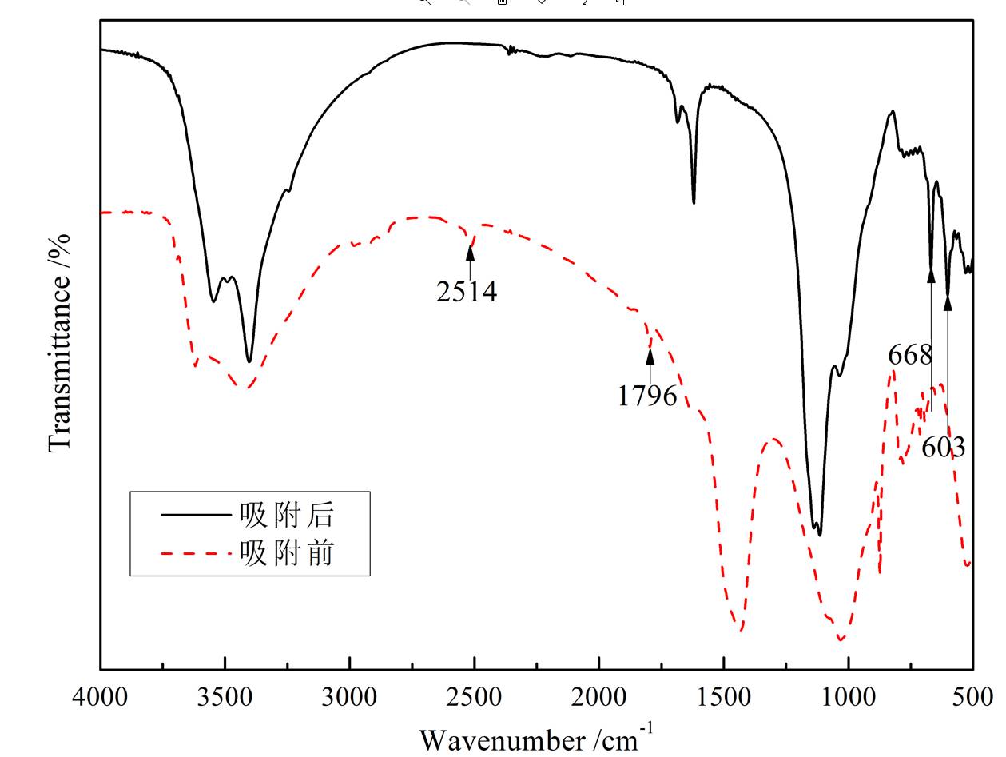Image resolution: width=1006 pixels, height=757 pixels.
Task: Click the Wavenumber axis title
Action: [x=536, y=738]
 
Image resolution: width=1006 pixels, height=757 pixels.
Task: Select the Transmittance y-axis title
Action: [x=61, y=342]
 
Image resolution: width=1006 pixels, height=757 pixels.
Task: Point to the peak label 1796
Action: [x=647, y=395]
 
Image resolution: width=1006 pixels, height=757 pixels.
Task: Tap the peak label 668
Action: [x=910, y=354]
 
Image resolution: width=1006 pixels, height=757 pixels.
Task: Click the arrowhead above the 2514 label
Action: [x=470, y=253]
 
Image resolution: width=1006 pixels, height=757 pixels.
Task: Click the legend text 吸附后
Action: [x=286, y=515]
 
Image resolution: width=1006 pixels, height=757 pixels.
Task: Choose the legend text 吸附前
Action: [x=286, y=552]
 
